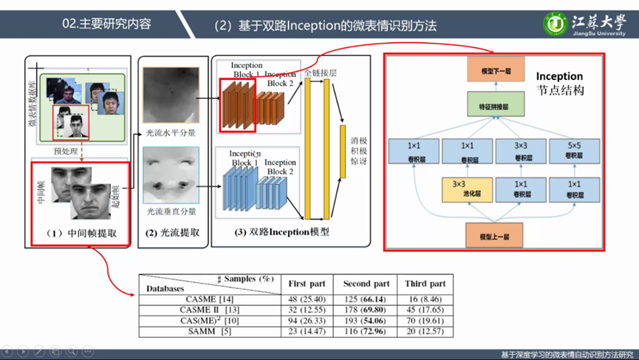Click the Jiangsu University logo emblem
[x=556, y=23]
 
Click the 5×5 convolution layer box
[x=574, y=151]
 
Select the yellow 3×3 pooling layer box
[x=467, y=189]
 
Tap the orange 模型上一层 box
[x=494, y=237]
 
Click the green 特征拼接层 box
[x=496, y=105]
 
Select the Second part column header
[x=366, y=284]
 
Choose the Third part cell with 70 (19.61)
[x=425, y=321]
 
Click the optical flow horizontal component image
[x=171, y=95]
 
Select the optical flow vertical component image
[x=171, y=175]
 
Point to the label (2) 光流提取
[x=172, y=233]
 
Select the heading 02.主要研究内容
[x=106, y=24]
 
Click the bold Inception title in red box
[x=559, y=76]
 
